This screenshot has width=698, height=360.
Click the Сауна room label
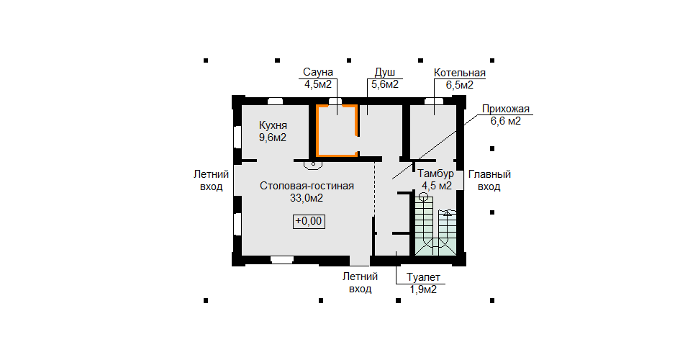tap(317, 73)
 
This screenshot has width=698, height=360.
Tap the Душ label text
tap(384, 73)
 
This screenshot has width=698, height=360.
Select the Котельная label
tap(459, 73)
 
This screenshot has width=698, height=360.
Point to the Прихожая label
tap(505, 109)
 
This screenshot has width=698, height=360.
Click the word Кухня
tap(273, 125)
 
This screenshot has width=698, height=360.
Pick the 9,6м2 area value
tap(273, 138)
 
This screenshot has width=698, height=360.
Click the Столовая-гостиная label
tap(307, 186)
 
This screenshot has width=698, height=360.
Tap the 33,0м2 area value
tap(307, 198)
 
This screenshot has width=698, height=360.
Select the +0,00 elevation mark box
tap(308, 221)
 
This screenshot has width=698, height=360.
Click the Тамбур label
tap(436, 174)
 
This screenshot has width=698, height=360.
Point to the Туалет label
tap(423, 278)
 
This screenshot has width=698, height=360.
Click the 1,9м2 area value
tap(423, 289)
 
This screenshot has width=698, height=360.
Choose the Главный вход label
tap(489, 181)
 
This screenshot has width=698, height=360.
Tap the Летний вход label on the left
tap(212, 181)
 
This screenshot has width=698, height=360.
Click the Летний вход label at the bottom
tap(360, 283)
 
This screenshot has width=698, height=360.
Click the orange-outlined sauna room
tap(337, 130)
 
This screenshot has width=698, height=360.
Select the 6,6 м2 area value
tap(505, 121)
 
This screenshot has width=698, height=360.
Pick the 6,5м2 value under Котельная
tap(459, 85)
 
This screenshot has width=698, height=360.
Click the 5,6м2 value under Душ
tap(384, 85)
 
